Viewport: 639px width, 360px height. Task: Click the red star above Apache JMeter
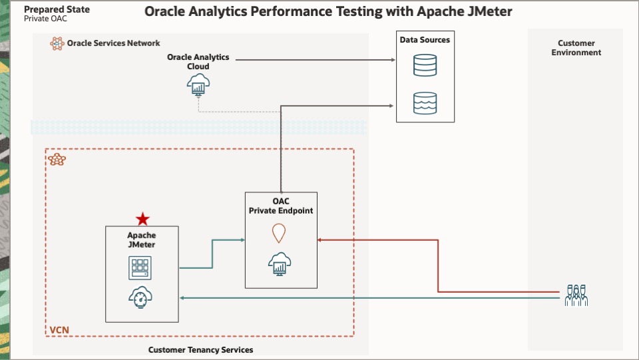pyautogui.click(x=142, y=219)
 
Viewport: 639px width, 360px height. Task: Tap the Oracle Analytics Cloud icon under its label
pyautogui.click(x=198, y=85)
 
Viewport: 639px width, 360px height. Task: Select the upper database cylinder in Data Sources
pyautogui.click(x=425, y=65)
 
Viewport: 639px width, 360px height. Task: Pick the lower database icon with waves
pyautogui.click(x=425, y=102)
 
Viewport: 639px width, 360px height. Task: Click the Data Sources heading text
pyautogui.click(x=425, y=40)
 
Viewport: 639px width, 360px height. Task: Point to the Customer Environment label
pyautogui.click(x=576, y=48)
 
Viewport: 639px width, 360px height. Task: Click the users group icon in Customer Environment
pyautogui.click(x=576, y=295)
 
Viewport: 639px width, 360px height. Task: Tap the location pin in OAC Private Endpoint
pyautogui.click(x=279, y=233)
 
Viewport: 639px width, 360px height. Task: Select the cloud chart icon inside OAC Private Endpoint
pyautogui.click(x=280, y=264)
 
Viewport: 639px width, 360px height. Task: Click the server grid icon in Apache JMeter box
pyautogui.click(x=141, y=268)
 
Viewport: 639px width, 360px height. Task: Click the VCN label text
pyautogui.click(x=59, y=330)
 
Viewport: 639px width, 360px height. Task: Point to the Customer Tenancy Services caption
pyautogui.click(x=200, y=349)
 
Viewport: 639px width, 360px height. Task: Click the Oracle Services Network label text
pyautogui.click(x=113, y=43)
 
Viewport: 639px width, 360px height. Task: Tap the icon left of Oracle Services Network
pyautogui.click(x=57, y=43)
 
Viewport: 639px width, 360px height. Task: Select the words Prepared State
pyautogui.click(x=57, y=10)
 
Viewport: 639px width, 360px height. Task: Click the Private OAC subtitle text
pyautogui.click(x=45, y=19)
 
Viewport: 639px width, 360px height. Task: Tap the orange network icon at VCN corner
pyautogui.click(x=57, y=160)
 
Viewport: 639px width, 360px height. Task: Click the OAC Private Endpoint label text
pyautogui.click(x=281, y=206)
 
